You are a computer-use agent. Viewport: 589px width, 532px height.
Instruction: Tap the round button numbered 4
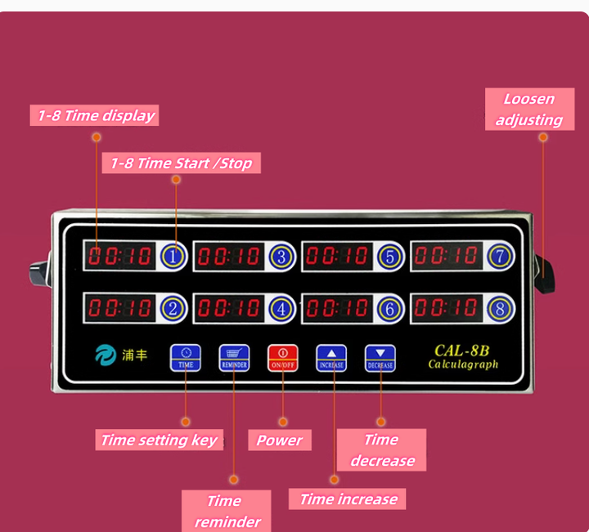[281, 309]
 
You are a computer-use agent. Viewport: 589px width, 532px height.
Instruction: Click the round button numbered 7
[501, 256]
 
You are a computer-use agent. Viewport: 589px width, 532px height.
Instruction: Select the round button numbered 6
[390, 309]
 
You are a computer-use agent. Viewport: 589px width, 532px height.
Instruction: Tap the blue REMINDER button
[233, 357]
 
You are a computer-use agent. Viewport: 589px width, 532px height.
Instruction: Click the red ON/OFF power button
[282, 357]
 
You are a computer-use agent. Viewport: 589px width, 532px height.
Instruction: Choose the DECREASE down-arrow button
[380, 357]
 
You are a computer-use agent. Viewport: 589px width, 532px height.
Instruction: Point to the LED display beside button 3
[229, 257]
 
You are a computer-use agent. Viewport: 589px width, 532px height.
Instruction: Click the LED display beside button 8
[447, 308]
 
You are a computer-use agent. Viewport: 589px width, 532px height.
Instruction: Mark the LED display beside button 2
[120, 308]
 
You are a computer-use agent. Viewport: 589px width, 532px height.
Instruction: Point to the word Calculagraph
[463, 364]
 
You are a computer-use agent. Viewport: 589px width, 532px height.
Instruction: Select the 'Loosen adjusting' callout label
[529, 110]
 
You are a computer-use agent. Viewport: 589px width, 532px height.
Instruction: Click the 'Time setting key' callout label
[159, 440]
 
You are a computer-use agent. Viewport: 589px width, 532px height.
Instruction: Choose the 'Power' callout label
[279, 440]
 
